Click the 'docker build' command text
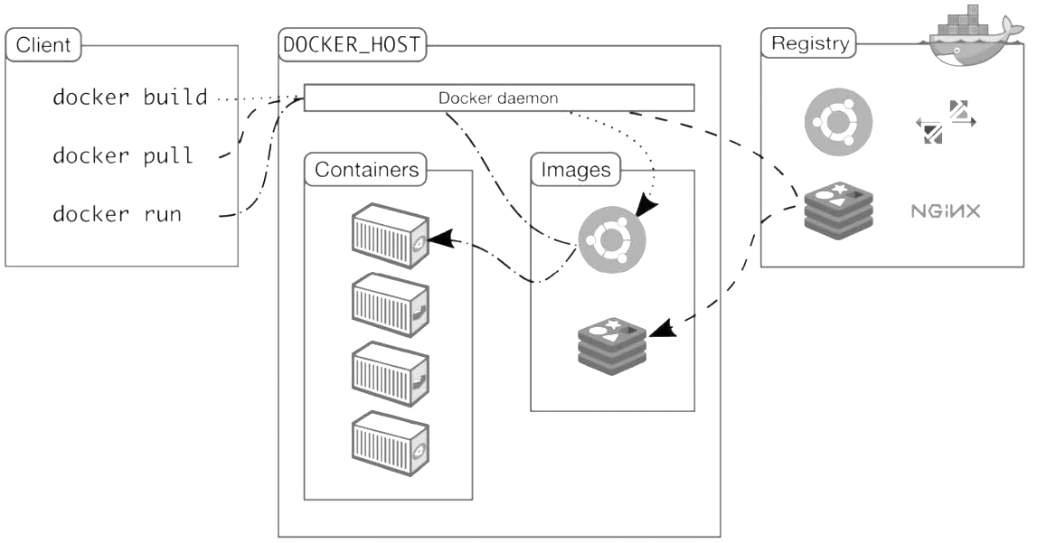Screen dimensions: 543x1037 129,97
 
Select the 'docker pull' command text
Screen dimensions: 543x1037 122,155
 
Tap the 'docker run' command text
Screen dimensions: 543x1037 117,214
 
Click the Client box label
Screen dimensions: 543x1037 43,45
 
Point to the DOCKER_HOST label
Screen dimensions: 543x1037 353,45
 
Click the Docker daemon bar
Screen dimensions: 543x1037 498,98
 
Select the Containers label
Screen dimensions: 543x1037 366,169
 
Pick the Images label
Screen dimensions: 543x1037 576,169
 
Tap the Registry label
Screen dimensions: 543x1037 809,43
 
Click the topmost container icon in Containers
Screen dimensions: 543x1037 389,235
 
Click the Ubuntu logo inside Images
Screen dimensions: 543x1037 613,239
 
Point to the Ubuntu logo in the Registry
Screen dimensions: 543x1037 838,122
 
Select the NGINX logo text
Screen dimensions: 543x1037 945,212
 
